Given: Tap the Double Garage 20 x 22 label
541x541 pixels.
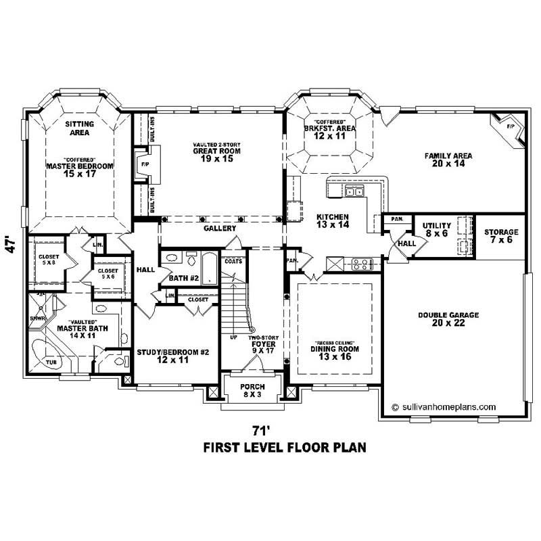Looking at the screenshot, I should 448,319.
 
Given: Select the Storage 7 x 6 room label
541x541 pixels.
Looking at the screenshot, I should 501,236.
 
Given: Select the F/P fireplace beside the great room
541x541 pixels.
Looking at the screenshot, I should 144,164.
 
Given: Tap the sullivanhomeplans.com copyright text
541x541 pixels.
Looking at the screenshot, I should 444,407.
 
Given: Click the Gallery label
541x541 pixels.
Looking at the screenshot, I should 220,229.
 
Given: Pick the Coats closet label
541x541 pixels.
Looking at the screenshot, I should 233,261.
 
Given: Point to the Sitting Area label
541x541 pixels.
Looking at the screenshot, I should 79,128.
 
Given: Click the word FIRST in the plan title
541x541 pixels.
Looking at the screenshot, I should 225,448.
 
